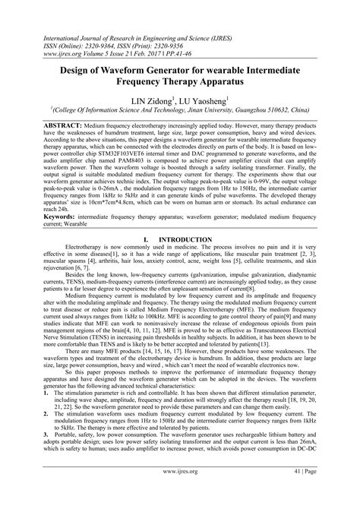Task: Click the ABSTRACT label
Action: coord(45,123)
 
